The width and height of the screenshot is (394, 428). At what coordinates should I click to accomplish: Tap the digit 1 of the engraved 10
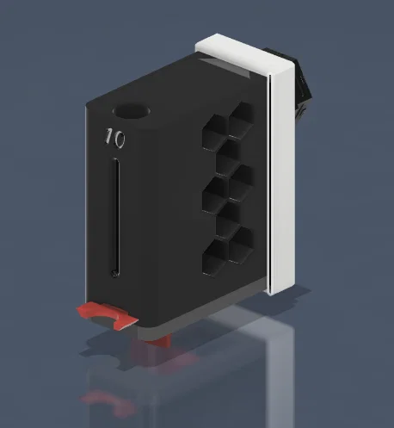(108, 136)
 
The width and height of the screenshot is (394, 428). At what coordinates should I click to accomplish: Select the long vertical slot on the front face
(115, 215)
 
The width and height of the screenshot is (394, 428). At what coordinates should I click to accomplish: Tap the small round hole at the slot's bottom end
(115, 273)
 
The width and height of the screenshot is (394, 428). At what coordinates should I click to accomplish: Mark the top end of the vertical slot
(115, 162)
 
